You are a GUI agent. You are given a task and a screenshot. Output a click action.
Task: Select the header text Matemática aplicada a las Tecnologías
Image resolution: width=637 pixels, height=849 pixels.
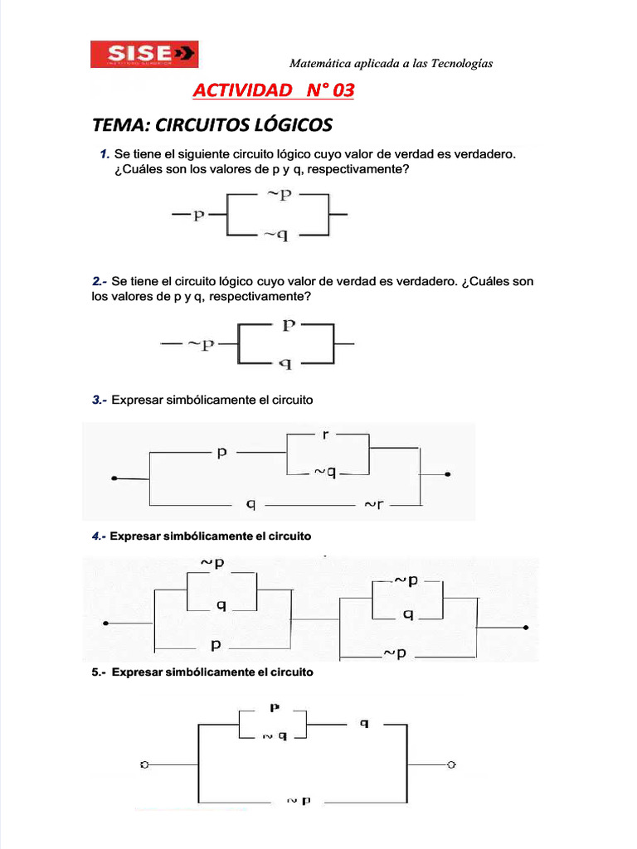pos(391,64)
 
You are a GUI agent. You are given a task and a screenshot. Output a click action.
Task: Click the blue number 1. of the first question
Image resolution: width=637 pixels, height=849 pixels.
pos(104,154)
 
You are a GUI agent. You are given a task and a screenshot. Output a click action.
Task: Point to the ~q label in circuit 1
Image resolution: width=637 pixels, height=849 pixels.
pos(276,235)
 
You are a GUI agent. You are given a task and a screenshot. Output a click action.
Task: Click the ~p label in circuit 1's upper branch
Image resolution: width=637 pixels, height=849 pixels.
pos(278,195)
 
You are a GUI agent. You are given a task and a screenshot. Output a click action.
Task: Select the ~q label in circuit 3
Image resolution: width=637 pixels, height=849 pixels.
pos(324,473)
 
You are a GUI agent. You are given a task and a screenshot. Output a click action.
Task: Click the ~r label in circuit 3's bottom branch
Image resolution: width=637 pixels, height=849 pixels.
pos(373,504)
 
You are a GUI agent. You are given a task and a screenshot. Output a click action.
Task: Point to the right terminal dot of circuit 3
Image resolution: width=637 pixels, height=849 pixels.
pos(448,475)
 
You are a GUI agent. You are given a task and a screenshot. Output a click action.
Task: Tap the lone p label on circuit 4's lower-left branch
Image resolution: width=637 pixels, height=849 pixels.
pos(216,644)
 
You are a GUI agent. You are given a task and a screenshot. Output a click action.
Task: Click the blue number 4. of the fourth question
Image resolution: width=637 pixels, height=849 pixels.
pos(97,536)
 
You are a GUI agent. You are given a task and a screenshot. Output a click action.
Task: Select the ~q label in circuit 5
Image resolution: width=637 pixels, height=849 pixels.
pos(275,735)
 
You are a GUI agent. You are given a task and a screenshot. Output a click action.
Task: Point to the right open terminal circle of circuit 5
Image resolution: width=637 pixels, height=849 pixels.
pos(450,764)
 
